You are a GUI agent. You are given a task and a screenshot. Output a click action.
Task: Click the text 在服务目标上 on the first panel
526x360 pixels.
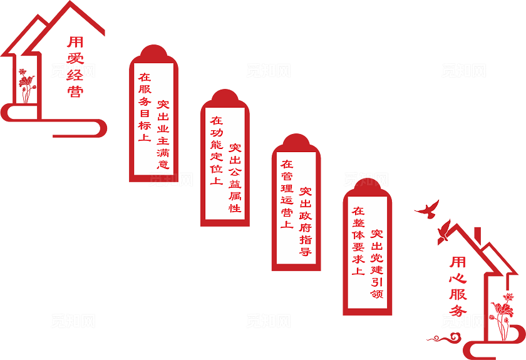145,107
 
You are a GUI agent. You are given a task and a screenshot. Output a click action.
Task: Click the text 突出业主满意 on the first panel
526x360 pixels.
163,135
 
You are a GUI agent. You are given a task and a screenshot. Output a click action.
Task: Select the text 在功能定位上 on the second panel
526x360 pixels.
216,150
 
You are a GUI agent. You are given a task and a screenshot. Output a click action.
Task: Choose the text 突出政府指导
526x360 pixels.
306,222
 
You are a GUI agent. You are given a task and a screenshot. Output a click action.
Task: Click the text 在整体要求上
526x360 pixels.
358,241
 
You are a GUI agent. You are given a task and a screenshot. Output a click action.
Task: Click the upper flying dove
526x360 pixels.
427,209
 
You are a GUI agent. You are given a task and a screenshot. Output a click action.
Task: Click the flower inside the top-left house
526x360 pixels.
25,85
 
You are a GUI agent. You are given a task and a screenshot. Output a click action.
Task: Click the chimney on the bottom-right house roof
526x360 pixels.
478,234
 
